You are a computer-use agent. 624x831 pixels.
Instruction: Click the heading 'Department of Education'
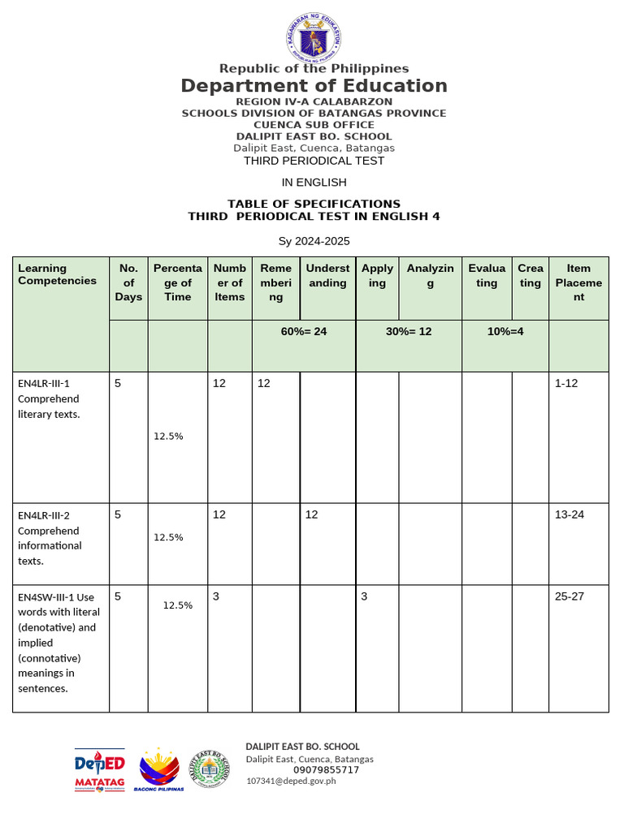(x=314, y=86)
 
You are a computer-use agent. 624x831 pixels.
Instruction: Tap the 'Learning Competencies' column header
(x=57, y=274)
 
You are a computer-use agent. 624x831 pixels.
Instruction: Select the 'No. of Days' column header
(x=128, y=282)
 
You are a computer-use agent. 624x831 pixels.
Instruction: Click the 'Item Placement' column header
(x=578, y=282)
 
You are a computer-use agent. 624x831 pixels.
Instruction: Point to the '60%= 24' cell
(x=304, y=331)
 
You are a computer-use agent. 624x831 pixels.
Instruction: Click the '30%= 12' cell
(x=409, y=331)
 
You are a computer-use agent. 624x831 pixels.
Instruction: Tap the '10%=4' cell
(x=505, y=331)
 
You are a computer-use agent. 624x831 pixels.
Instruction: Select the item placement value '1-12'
(x=566, y=383)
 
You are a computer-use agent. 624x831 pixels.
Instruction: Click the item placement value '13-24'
(x=570, y=515)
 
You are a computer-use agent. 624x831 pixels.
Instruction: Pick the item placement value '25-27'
(x=570, y=596)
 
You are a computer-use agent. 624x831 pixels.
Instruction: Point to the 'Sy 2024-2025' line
(x=314, y=241)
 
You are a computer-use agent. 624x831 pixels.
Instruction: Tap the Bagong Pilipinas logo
(x=159, y=770)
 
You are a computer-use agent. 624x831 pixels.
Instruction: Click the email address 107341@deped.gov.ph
(x=291, y=781)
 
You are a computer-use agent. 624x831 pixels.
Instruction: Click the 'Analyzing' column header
(x=431, y=276)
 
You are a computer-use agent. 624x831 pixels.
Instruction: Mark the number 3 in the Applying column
(x=365, y=596)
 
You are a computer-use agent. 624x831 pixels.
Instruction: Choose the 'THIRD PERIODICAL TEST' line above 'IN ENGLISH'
(x=314, y=161)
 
